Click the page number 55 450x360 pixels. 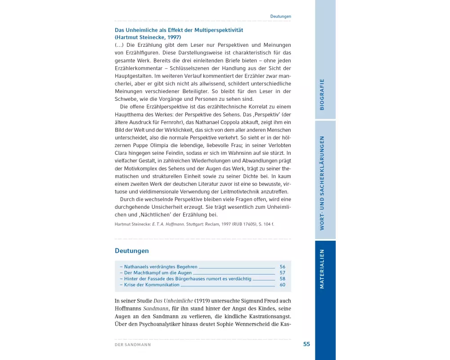(306, 344)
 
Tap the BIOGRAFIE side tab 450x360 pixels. (322, 94)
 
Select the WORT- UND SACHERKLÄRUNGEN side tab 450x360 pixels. (322, 183)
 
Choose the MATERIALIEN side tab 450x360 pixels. (322, 269)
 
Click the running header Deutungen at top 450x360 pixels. (280, 17)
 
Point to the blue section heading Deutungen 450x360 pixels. (131, 251)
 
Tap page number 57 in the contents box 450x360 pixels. (282, 273)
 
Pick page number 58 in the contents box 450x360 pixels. (282, 279)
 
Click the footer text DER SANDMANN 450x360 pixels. (133, 345)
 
